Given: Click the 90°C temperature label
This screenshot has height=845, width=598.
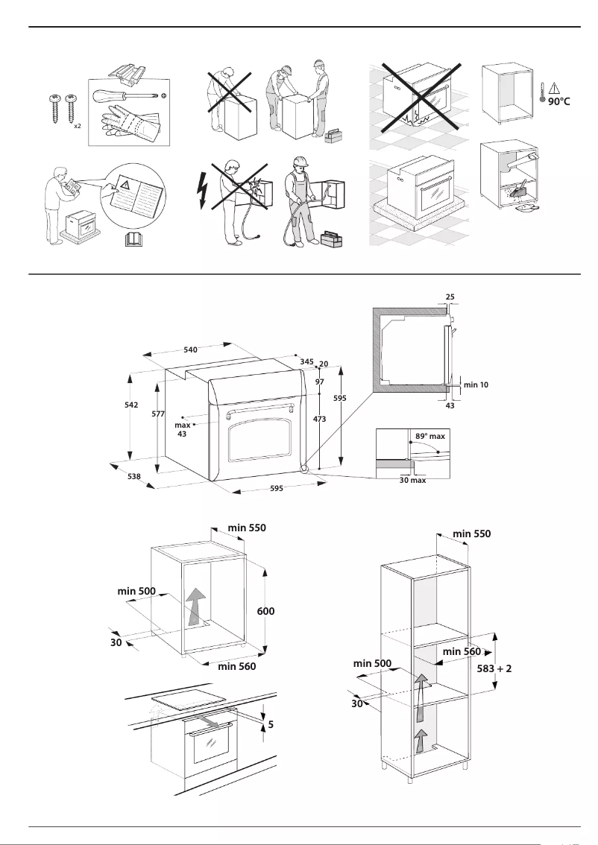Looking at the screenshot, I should [x=558, y=101].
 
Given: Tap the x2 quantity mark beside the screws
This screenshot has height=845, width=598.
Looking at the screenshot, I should [x=77, y=127].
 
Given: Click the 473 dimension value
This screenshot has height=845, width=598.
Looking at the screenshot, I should [x=320, y=420].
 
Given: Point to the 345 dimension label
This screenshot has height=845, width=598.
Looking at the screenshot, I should [x=306, y=361].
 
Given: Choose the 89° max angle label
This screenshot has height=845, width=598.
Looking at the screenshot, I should [x=429, y=435].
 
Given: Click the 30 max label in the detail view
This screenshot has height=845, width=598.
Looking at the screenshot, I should [x=412, y=481].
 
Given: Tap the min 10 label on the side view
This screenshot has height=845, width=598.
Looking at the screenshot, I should [x=476, y=384].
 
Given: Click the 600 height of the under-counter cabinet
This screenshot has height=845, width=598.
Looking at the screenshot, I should [x=266, y=611].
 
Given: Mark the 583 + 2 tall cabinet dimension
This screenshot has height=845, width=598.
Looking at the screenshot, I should [x=494, y=668].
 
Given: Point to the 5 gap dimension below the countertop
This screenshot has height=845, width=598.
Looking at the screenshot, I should [x=270, y=723].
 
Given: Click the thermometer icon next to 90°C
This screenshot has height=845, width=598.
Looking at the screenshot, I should [x=541, y=97].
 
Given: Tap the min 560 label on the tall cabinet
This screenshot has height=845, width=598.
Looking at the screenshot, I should [x=462, y=651].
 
